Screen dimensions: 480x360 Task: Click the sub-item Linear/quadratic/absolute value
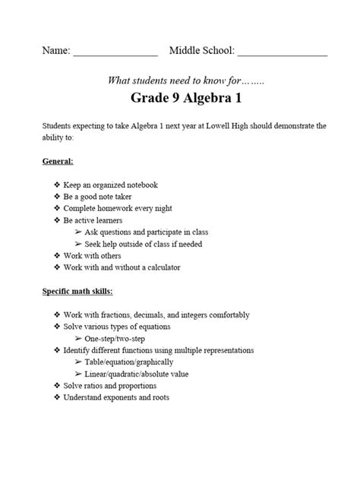click(142, 374)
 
